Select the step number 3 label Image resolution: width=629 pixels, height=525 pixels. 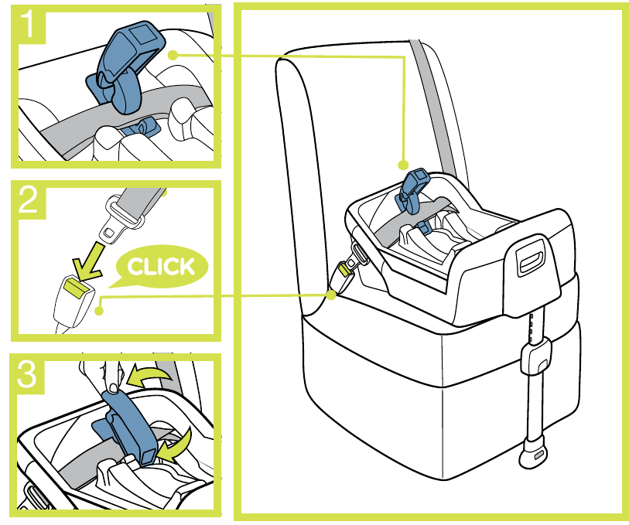tap(27, 374)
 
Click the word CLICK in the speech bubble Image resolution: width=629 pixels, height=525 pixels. tap(161, 267)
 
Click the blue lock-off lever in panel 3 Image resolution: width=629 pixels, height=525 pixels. tap(128, 429)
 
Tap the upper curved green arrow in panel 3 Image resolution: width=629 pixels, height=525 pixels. tap(149, 376)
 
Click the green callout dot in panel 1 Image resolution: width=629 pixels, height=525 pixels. tap(173, 55)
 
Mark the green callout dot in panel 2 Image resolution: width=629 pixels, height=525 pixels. tap(99, 310)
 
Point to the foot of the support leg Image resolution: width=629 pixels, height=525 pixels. tap(534, 454)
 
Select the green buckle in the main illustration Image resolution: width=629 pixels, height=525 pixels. tap(345, 268)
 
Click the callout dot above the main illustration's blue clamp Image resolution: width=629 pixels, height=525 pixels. tap(403, 165)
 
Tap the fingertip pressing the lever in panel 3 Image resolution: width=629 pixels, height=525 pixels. tap(114, 387)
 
